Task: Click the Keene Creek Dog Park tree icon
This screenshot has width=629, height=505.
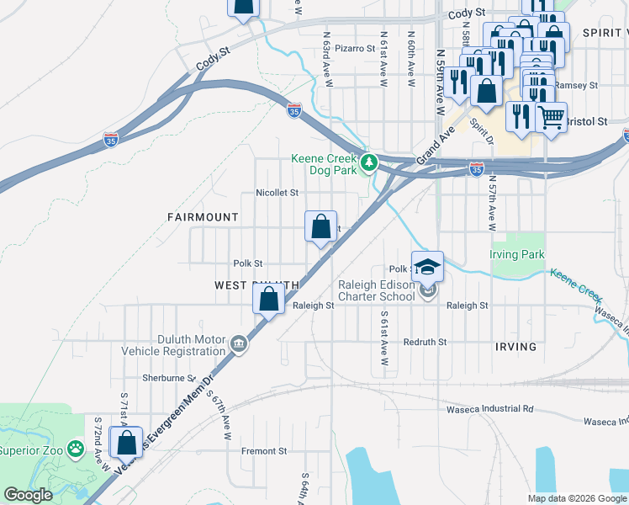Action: (367, 161)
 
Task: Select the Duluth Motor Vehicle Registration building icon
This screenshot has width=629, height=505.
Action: (239, 343)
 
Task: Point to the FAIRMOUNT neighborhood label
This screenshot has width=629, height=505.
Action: (203, 217)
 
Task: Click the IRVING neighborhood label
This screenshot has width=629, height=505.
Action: (515, 347)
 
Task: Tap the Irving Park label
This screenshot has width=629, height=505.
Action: (517, 254)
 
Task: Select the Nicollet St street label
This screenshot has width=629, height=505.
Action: (277, 193)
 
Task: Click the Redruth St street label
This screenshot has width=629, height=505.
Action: (425, 343)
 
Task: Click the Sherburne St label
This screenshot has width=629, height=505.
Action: (168, 379)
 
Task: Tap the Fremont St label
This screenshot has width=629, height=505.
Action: (264, 452)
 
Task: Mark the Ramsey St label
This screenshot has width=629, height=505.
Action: (578, 85)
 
